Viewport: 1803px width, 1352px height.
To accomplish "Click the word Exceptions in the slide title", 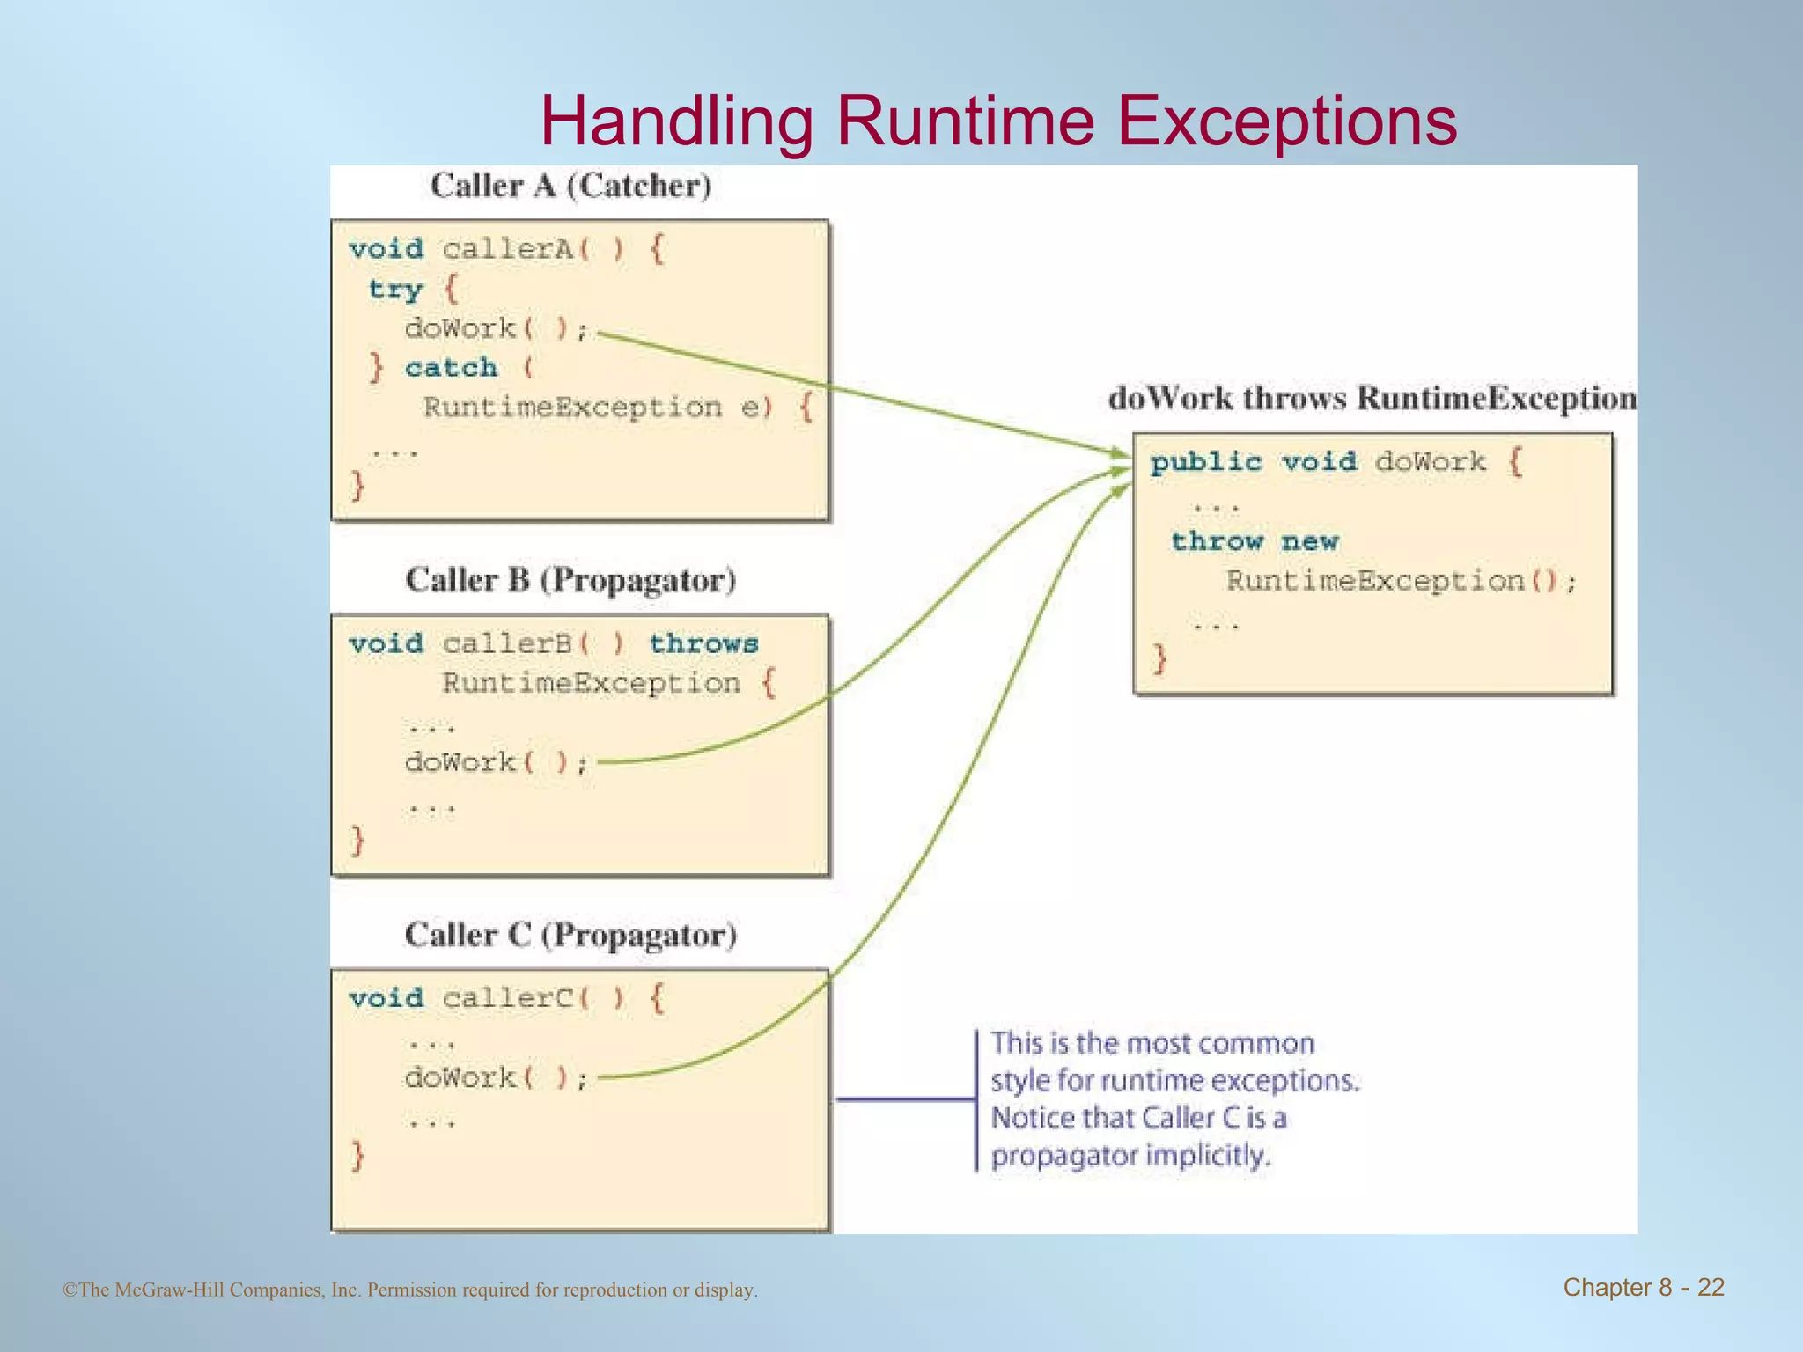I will click(x=1286, y=121).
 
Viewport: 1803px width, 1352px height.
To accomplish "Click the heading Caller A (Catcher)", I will click(x=570, y=186).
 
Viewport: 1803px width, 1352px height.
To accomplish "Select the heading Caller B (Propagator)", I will click(x=570, y=580).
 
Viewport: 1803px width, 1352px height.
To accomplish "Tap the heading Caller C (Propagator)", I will click(x=570, y=935).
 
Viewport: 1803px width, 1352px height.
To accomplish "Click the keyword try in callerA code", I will click(x=395, y=290).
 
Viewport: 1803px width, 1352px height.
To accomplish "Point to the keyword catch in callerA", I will click(x=451, y=367).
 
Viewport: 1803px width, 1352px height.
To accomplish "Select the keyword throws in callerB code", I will click(x=703, y=643).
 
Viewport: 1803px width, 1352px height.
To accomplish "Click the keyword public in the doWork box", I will click(x=1206, y=462).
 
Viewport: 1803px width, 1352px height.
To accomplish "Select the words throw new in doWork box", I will click(x=1255, y=541).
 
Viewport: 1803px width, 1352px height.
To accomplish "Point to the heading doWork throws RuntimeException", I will click(x=1372, y=399).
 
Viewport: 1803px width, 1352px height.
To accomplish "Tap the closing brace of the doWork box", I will click(x=1160, y=658).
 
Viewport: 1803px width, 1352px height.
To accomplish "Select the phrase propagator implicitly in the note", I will click(x=1130, y=1155).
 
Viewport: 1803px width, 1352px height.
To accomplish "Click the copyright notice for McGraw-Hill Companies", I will click(x=410, y=1290).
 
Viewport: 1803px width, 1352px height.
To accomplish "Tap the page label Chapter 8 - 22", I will click(x=1643, y=1288).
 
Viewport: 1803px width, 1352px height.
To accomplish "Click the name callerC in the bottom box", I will click(x=507, y=998).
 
